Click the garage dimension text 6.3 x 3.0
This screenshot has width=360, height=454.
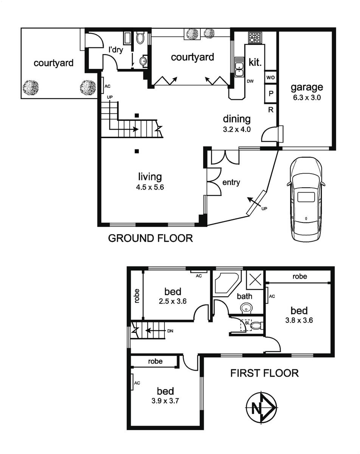tap(307, 98)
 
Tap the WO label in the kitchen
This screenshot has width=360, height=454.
tap(270, 78)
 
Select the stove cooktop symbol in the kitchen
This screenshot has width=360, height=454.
tap(255, 38)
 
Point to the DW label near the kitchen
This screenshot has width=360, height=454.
tap(250, 81)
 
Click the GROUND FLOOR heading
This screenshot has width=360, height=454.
tap(151, 238)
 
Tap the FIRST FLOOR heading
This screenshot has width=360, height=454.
tap(264, 373)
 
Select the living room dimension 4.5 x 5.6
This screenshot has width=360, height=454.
tap(150, 187)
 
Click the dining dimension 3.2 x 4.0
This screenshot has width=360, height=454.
tap(237, 129)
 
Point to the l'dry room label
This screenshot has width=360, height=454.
tap(116, 50)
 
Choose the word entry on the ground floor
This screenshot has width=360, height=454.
tap(231, 182)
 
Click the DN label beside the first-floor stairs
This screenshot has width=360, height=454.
tap(170, 331)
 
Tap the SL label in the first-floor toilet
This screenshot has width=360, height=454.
tap(247, 323)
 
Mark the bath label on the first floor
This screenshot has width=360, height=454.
tap(244, 296)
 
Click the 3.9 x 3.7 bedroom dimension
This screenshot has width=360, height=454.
tap(165, 401)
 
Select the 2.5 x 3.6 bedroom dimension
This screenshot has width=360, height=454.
tap(173, 301)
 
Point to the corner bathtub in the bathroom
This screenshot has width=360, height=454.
tap(226, 283)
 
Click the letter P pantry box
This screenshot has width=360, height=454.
tap(271, 93)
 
